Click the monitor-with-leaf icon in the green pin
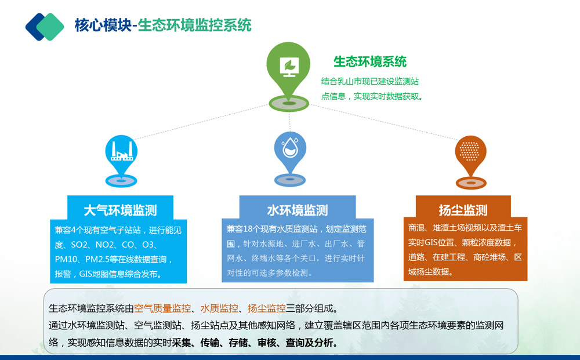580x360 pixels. (x=289, y=67)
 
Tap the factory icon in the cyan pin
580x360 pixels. (x=121, y=151)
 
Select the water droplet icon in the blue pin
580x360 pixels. (x=290, y=147)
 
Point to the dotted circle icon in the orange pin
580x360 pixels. (x=470, y=151)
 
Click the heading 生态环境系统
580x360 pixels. (x=370, y=61)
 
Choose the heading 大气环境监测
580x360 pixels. (x=121, y=210)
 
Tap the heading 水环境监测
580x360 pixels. (x=298, y=210)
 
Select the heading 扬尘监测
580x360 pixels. (x=463, y=210)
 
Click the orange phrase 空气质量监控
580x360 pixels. (x=162, y=308)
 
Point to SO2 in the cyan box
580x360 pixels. (x=79, y=245)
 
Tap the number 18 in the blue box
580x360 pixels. (x=248, y=229)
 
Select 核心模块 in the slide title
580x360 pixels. (x=103, y=26)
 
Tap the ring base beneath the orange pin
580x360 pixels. (x=470, y=183)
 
